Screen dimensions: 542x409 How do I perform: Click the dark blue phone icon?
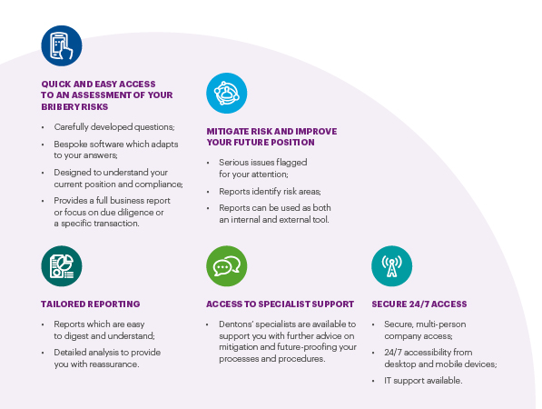62,45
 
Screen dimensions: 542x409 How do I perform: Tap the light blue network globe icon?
226,93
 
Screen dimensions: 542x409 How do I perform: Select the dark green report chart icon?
62,266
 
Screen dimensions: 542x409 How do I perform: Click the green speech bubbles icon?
226,266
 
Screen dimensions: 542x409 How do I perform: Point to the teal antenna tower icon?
391,266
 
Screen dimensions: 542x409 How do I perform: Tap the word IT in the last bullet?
388,381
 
